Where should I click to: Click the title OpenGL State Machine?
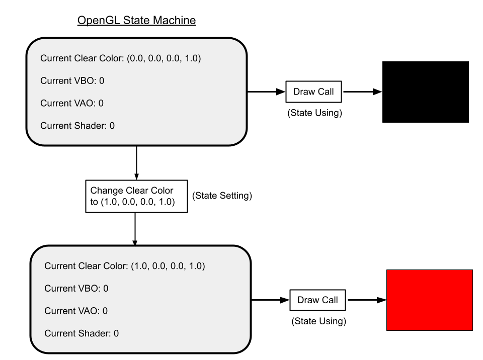(136, 20)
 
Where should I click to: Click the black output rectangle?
(426, 92)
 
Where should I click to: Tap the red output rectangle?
(429, 300)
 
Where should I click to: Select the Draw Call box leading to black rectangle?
(313, 92)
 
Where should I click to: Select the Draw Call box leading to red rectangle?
(317, 300)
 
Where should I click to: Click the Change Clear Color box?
(136, 196)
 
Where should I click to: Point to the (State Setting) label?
(222, 196)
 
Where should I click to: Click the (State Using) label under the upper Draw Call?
(314, 113)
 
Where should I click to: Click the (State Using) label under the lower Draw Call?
(318, 321)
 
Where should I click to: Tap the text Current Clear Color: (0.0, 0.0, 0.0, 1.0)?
(120, 58)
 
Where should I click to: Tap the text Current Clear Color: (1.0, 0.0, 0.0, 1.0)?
(124, 266)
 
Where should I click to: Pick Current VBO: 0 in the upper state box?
(72, 80)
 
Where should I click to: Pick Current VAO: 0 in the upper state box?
(72, 103)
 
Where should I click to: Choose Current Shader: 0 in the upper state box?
(77, 126)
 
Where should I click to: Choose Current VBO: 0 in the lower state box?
(76, 288)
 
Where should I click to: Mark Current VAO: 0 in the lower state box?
(76, 311)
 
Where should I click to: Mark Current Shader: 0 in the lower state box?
(82, 333)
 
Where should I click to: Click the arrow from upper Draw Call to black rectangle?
(363, 92)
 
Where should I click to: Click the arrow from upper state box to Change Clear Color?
(136, 163)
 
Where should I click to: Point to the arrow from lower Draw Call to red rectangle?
(367, 300)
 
